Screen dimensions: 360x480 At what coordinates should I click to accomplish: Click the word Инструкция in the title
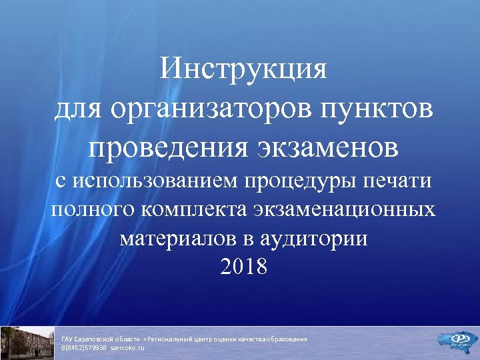pos(244,69)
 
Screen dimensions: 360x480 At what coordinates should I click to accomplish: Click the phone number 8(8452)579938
pos(84,348)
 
